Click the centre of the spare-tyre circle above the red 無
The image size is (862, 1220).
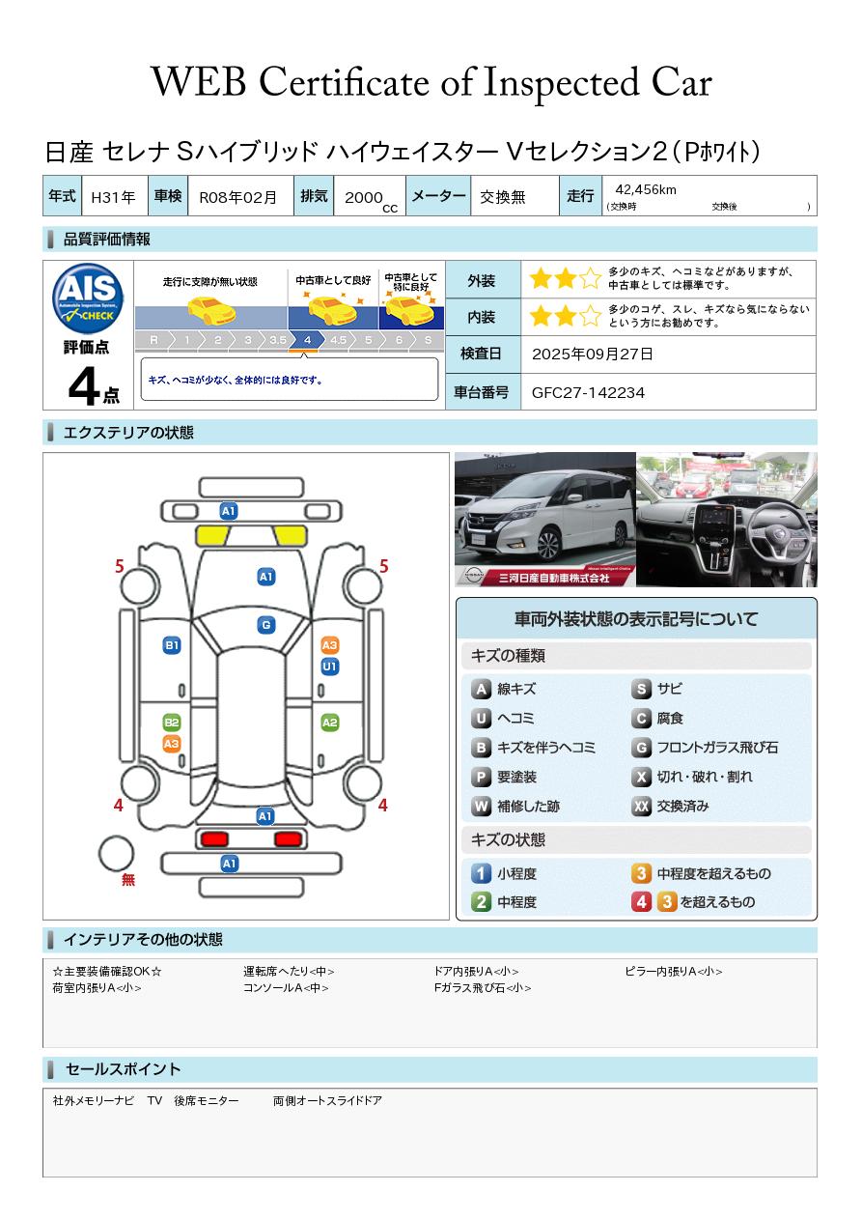[116, 854]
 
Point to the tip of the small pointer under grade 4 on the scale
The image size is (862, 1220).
[304, 354]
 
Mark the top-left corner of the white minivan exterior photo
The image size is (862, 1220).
[455, 453]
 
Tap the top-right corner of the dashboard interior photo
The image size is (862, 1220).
[817, 453]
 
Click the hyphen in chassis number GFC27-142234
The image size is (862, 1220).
[584, 393]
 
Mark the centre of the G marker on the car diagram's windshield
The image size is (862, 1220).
[266, 625]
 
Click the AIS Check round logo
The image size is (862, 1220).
[88, 298]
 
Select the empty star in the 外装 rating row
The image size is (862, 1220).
[590, 278]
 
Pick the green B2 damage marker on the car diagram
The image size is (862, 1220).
[172, 723]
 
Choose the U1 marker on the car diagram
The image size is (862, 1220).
[330, 667]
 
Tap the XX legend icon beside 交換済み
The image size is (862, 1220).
[641, 806]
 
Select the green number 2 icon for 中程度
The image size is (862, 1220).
[481, 902]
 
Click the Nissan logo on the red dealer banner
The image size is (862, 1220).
[473, 576]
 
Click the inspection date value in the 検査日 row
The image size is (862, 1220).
[592, 354]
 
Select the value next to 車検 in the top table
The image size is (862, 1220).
[237, 197]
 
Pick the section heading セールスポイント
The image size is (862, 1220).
[123, 1068]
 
